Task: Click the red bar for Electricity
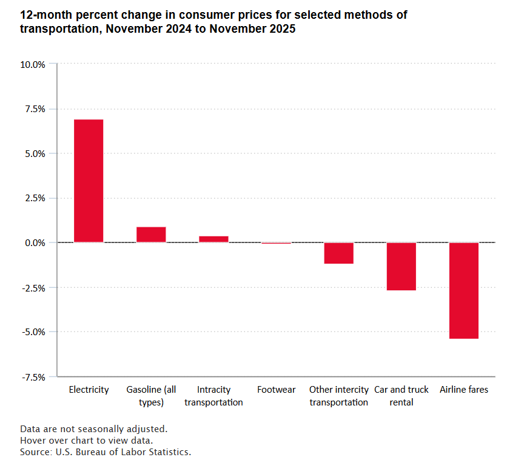[89, 181]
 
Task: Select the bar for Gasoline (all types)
[151, 235]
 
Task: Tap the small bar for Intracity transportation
[213, 239]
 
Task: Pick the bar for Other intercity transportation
[338, 253]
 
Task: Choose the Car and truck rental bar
[401, 266]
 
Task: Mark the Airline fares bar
[463, 290]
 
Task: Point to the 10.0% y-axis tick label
[33, 64]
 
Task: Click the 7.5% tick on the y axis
[35, 109]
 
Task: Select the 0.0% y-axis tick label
[35, 242]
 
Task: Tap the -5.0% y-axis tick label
[33, 332]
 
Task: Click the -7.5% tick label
[33, 376]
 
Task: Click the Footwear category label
[276, 390]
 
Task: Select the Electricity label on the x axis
[89, 390]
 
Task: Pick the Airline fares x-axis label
[463, 390]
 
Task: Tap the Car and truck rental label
[401, 396]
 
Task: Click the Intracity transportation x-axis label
[213, 396]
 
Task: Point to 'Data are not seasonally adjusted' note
[93, 429]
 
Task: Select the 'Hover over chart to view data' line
[86, 441]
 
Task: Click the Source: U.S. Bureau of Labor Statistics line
[106, 452]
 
